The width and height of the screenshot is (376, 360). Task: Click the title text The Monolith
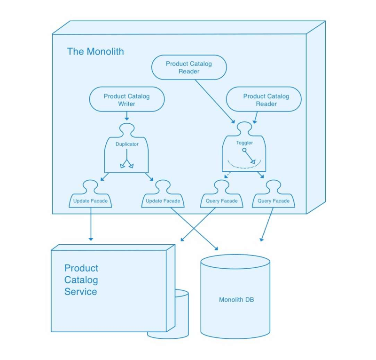tap(95, 51)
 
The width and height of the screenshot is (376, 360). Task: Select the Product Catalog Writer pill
tap(126, 100)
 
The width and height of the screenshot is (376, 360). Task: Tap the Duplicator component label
tap(127, 144)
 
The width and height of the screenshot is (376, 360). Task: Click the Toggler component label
tap(244, 143)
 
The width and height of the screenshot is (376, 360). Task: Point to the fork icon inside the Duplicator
tap(127, 164)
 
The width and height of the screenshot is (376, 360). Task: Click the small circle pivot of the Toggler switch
tap(244, 151)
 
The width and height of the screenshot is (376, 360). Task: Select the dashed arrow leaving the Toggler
tap(227, 175)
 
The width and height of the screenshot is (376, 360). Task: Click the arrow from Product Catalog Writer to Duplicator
tap(127, 116)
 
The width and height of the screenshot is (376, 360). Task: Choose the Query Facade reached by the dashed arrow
tap(222, 201)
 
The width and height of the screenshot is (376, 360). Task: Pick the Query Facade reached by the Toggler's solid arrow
tap(274, 201)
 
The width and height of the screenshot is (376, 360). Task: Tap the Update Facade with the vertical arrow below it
tap(90, 201)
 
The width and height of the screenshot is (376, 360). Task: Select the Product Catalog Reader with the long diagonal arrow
tap(189, 67)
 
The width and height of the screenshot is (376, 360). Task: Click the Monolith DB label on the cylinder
tap(236, 300)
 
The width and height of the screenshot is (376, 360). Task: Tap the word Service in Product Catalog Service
tap(81, 292)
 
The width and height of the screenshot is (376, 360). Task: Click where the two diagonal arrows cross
tap(194, 229)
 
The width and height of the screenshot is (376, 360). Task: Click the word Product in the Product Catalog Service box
tap(81, 268)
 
